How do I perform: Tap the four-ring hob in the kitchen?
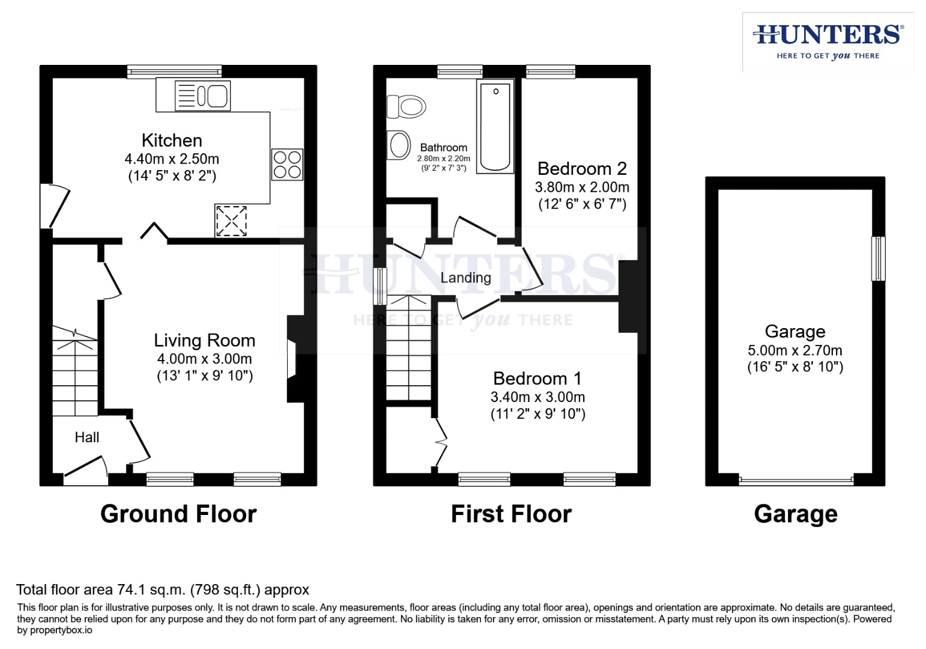tap(287, 165)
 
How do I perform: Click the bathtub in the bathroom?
tap(495, 126)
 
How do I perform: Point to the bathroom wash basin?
tap(398, 145)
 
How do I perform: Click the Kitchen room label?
tap(172, 140)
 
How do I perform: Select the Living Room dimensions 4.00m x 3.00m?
tap(204, 359)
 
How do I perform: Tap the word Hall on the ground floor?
tap(86, 437)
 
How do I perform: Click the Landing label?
tap(465, 278)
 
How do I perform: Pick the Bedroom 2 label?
tap(581, 168)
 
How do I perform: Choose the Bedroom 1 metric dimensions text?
tap(537, 397)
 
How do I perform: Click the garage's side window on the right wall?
tap(877, 258)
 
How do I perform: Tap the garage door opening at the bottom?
tap(795, 480)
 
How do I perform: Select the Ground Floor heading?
tap(178, 514)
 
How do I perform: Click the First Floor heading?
tap(511, 514)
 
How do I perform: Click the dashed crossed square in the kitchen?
tap(231, 221)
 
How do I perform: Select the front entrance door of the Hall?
tap(86, 470)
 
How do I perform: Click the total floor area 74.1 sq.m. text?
tap(162, 590)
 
